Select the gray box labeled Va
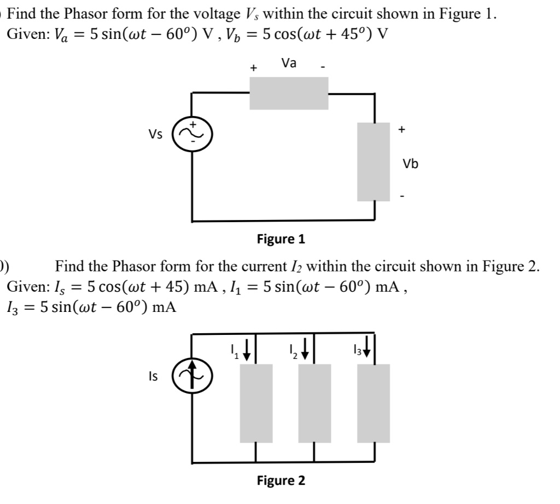point(289,94)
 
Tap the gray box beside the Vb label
point(374,161)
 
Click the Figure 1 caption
point(281,239)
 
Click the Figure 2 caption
point(281,480)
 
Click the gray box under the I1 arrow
point(256,403)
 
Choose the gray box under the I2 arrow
point(314,403)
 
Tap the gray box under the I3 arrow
point(374,403)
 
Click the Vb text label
point(410,164)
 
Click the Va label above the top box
point(289,63)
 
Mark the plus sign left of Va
point(253,68)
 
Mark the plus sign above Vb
point(402,130)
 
